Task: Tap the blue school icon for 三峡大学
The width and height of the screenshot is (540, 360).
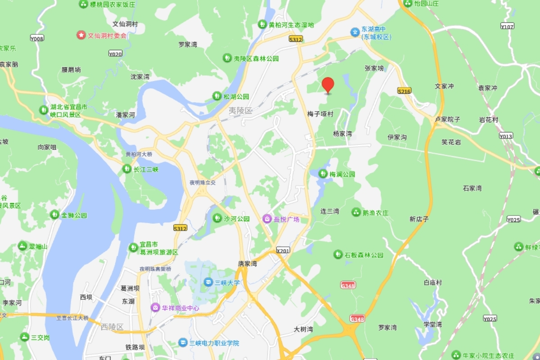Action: (208, 283)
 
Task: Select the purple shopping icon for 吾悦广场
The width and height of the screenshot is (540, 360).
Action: (267, 219)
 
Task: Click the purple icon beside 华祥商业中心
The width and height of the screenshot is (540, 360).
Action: (155, 308)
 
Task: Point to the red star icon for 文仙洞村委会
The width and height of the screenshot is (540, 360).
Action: (81, 35)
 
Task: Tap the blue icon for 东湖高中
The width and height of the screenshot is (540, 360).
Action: (355, 31)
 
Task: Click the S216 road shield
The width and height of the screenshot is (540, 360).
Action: (405, 91)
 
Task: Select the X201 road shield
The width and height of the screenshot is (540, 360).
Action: (283, 250)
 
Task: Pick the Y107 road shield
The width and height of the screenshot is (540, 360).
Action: (507, 27)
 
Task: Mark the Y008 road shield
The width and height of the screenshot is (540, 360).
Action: (37, 39)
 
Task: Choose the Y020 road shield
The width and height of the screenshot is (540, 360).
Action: (115, 54)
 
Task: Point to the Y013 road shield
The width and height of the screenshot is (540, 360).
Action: (506, 135)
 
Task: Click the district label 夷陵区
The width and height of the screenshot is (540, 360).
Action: (241, 111)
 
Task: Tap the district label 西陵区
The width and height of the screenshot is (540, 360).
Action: (112, 327)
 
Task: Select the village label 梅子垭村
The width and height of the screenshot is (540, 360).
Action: (320, 114)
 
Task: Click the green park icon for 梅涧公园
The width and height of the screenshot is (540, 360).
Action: (323, 174)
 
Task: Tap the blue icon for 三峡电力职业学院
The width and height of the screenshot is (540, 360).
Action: (183, 343)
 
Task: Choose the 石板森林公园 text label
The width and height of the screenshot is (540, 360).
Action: (364, 255)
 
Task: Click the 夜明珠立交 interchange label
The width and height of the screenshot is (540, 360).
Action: (202, 183)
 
